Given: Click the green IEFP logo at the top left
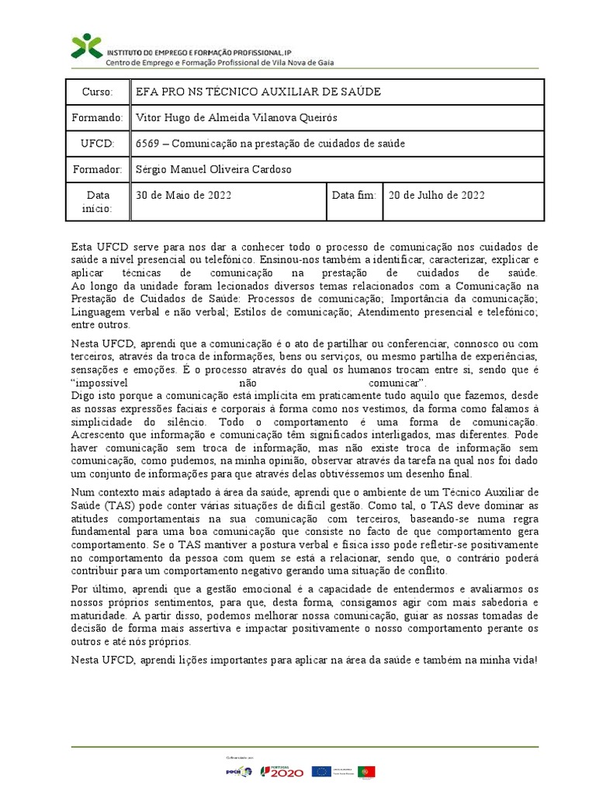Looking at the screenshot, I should point(86,46).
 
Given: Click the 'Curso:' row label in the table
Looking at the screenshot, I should point(98,92).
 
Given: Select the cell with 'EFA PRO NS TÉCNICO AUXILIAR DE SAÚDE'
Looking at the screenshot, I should point(258,92).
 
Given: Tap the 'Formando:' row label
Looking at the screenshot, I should point(98,118).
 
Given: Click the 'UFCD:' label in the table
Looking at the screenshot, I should point(98,144).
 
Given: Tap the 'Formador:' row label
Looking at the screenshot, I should point(98,169).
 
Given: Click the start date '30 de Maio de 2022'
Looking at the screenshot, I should point(183,196).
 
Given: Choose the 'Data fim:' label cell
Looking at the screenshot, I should point(354,196).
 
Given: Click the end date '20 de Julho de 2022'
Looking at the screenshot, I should point(436,196).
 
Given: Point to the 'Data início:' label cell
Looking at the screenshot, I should point(98,202).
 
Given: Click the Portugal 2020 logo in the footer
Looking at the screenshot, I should point(281,771).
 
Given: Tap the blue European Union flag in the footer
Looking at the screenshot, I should point(320,771).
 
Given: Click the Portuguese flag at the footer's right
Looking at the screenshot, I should point(366,771).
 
